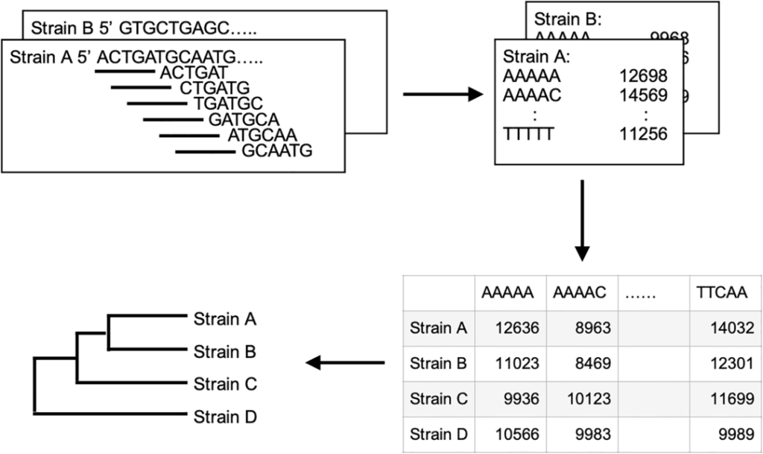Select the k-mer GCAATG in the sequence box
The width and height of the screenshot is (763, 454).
coord(276,151)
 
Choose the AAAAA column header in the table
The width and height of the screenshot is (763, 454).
coord(507,292)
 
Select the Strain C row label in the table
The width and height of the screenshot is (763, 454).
coord(439,399)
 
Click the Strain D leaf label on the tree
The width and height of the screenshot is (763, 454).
coord(225,417)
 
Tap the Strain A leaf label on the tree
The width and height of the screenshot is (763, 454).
coord(225,319)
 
